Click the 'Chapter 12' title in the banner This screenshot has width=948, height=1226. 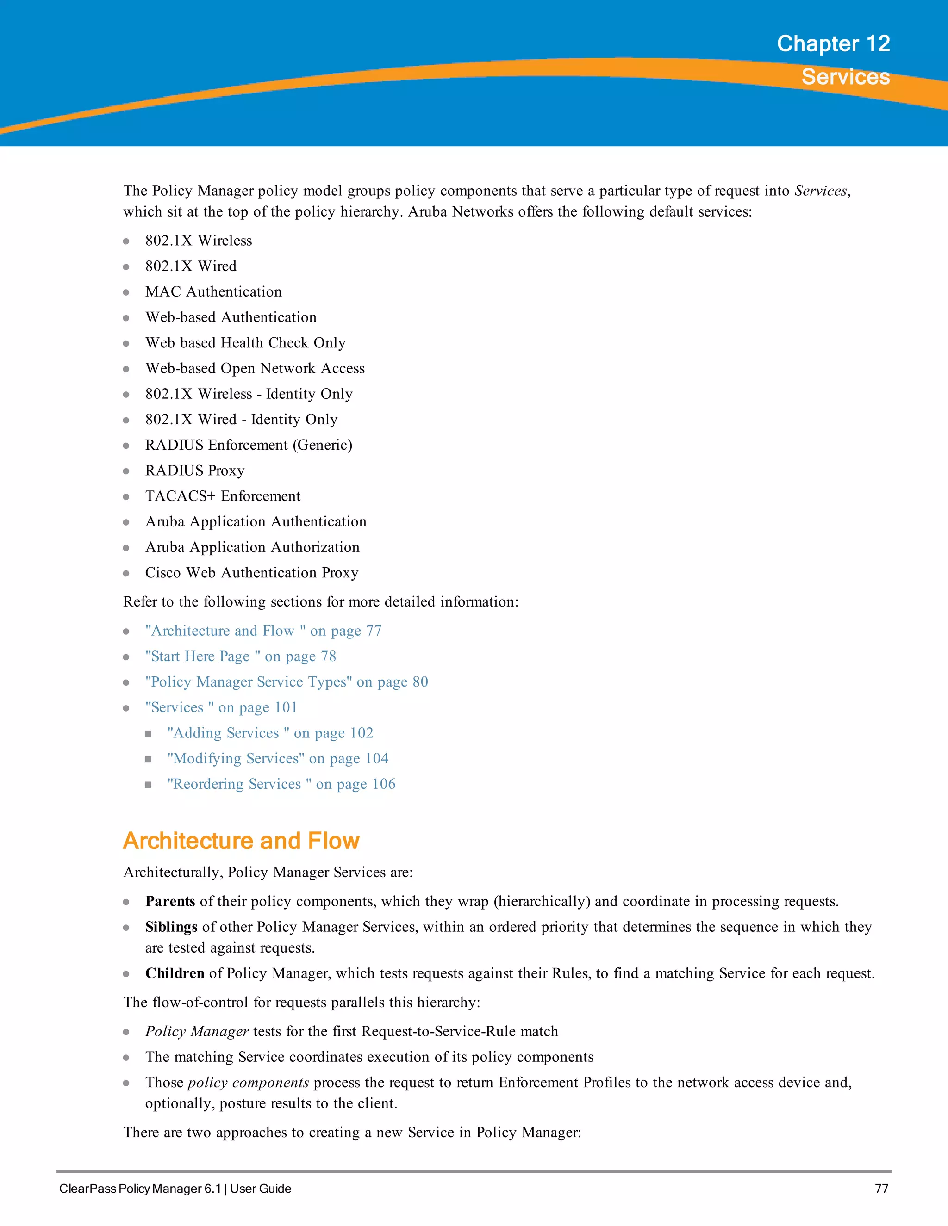(833, 44)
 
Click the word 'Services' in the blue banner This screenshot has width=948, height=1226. (845, 77)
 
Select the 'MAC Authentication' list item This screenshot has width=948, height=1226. (213, 292)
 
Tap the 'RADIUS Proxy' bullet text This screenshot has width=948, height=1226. (195, 471)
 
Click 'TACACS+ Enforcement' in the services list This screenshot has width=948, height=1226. (223, 496)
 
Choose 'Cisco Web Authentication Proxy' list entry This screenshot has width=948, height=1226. (252, 573)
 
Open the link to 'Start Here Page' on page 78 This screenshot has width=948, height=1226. (240, 656)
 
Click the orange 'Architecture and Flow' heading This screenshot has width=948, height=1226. (241, 841)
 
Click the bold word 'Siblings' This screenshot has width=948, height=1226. (171, 927)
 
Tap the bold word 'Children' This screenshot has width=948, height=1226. (175, 973)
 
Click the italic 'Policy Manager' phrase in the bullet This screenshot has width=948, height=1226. (197, 1032)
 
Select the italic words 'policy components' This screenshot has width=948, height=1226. (248, 1083)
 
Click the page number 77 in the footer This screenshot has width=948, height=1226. (881, 1189)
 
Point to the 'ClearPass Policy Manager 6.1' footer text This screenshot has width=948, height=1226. (140, 1189)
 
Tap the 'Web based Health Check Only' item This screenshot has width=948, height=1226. (245, 343)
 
